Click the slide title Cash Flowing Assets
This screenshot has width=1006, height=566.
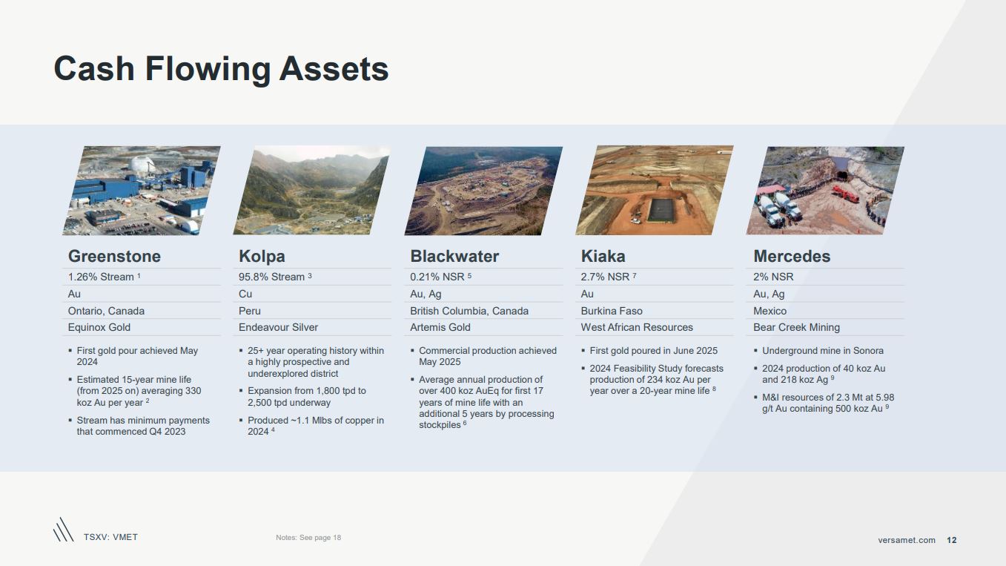pyautogui.click(x=221, y=69)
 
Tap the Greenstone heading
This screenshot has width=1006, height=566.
pyautogui.click(x=114, y=257)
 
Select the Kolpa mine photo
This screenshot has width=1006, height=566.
pyautogui.click(x=311, y=191)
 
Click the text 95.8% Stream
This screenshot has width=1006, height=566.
pyautogui.click(x=271, y=277)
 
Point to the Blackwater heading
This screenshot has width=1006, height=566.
pyautogui.click(x=454, y=257)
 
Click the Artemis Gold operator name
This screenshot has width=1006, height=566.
pyautogui.click(x=440, y=327)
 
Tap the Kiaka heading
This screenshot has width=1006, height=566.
pyautogui.click(x=603, y=257)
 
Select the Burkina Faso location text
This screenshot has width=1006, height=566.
pyautogui.click(x=612, y=311)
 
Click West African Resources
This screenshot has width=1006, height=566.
pyautogui.click(x=637, y=327)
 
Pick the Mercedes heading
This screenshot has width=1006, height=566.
pyautogui.click(x=792, y=257)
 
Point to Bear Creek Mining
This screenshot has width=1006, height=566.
pyautogui.click(x=796, y=327)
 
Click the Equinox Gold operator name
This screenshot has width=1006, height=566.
pyautogui.click(x=99, y=327)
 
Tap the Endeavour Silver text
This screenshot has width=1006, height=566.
pyautogui.click(x=278, y=327)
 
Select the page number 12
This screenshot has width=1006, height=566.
pyautogui.click(x=952, y=540)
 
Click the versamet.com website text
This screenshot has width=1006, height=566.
pyautogui.click(x=907, y=540)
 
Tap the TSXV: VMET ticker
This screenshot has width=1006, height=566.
pyautogui.click(x=110, y=537)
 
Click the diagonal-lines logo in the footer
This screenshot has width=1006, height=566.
pyautogui.click(x=64, y=530)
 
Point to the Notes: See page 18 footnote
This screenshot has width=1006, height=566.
pyautogui.click(x=308, y=538)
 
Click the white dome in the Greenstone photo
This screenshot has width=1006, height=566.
pyautogui.click(x=143, y=165)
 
